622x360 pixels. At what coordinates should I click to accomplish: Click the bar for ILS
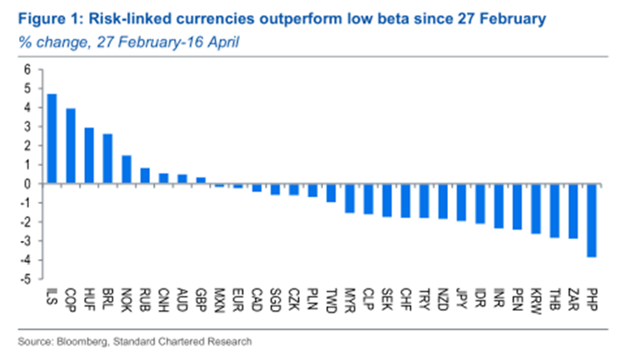pos(52,138)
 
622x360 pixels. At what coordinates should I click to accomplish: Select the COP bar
pos(71,146)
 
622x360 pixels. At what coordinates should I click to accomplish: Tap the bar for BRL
pos(108,158)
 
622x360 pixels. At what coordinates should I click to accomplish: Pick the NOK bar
pos(127,169)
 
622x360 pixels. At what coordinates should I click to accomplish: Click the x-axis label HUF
pos(90,297)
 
